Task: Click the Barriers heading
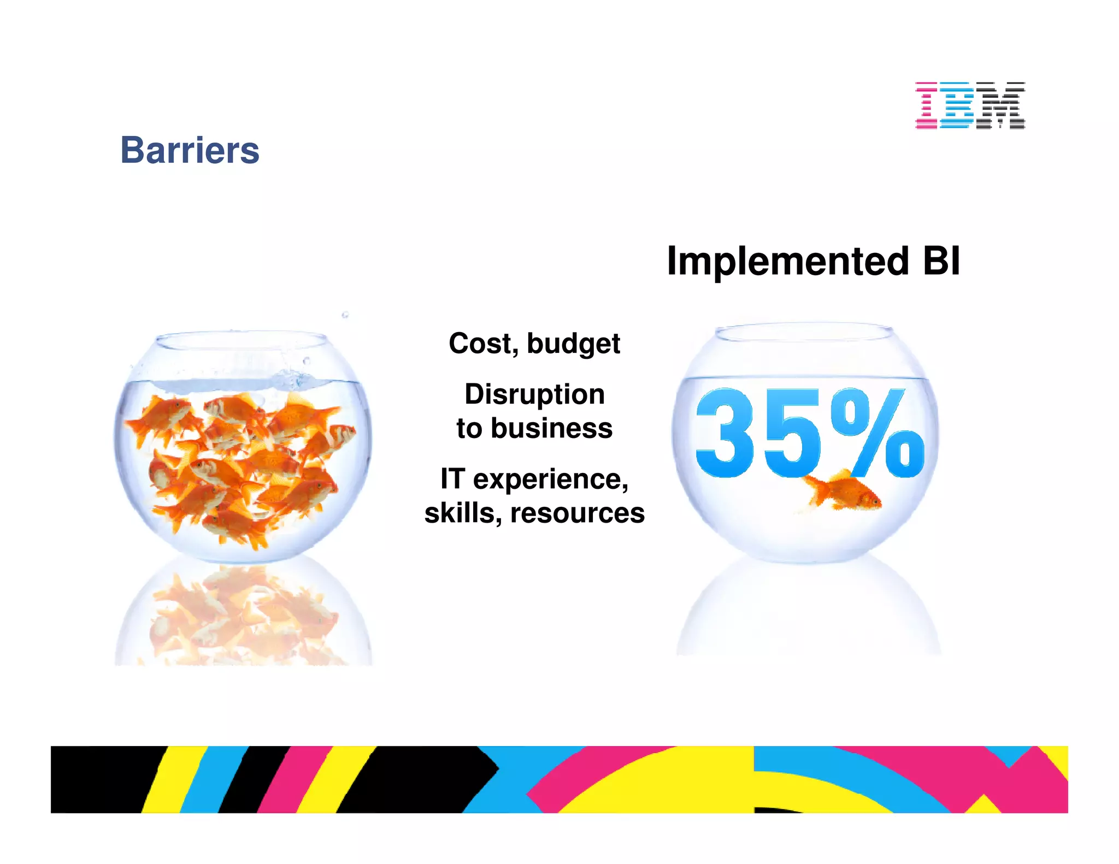pos(190,150)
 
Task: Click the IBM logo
pos(970,105)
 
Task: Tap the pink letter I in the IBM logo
pos(927,105)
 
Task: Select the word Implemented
pos(787,262)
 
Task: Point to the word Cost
pos(482,344)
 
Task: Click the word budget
pos(573,345)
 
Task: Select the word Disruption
pos(534,394)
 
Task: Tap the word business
pos(551,428)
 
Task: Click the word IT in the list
pos(452,479)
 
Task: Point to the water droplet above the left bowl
pos(345,315)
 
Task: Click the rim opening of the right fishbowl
pos(804,332)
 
